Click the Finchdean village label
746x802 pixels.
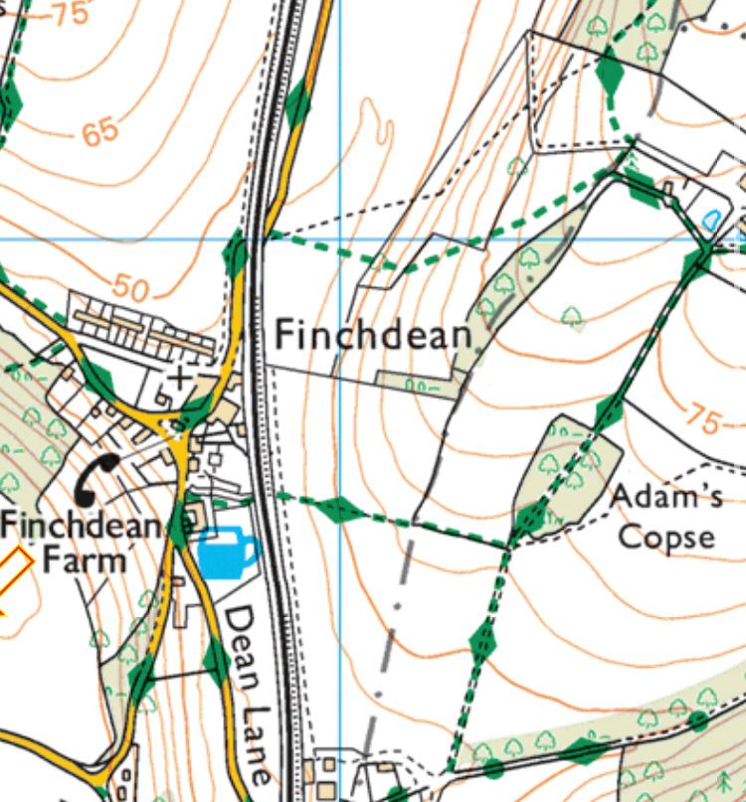(x=372, y=335)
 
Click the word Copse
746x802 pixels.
(x=665, y=537)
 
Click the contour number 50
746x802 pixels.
(x=130, y=288)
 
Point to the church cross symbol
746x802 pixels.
(x=180, y=378)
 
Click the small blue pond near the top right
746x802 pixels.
(x=712, y=221)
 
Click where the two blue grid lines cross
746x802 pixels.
(x=340, y=239)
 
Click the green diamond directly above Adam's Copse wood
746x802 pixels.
(x=609, y=410)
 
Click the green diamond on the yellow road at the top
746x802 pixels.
(x=297, y=103)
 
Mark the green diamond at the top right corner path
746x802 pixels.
(x=610, y=73)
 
